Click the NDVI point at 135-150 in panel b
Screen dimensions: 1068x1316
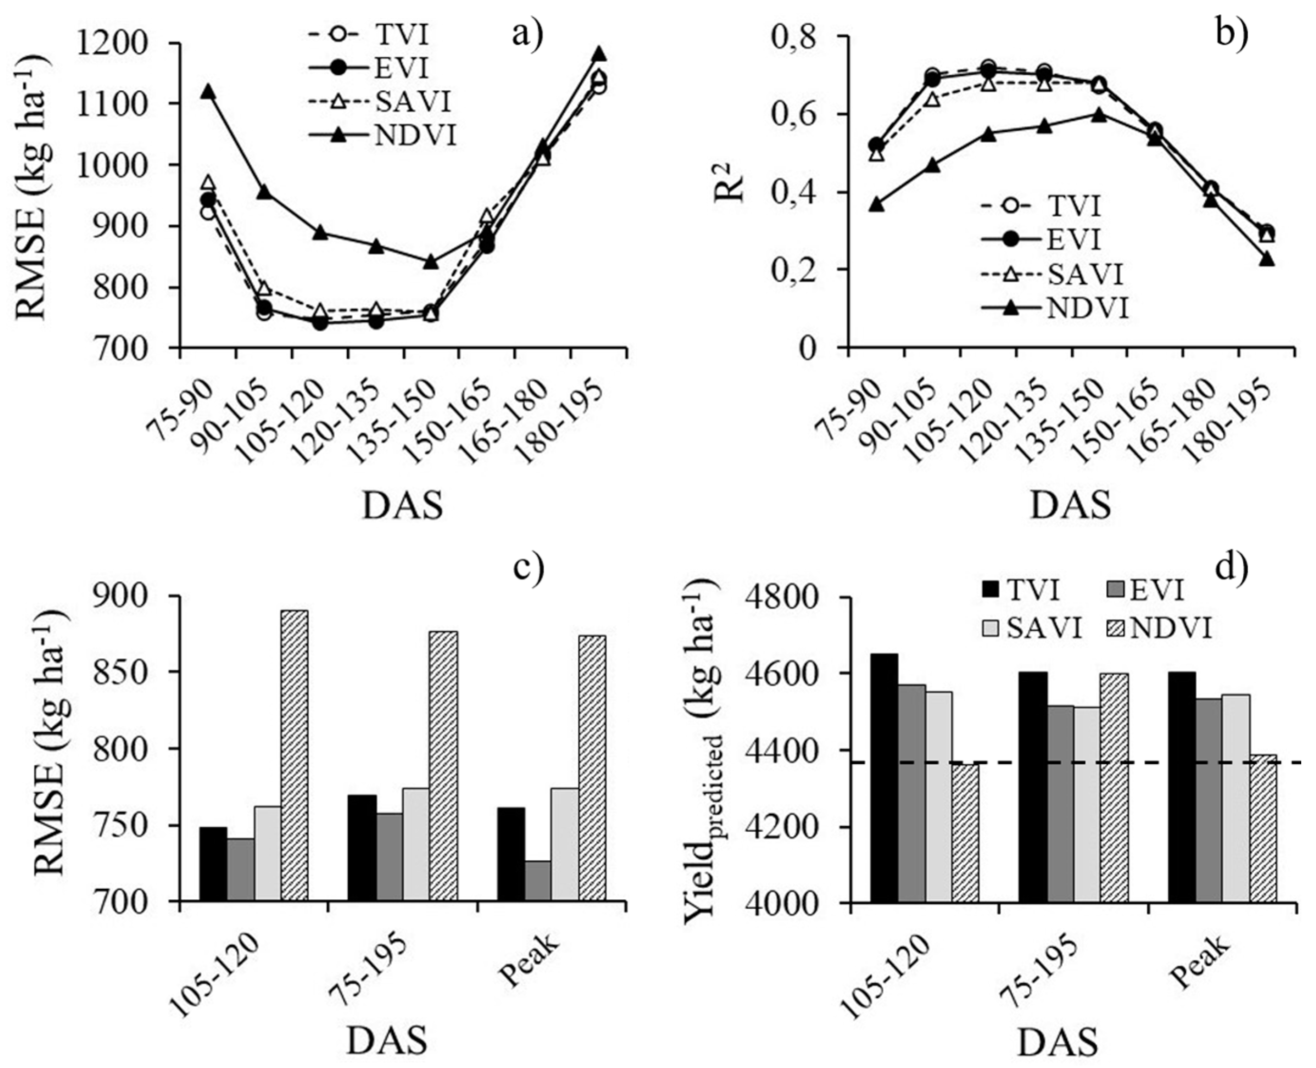[1099, 115]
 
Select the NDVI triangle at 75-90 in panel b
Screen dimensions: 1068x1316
[877, 205]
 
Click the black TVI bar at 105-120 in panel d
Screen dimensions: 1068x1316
[884, 778]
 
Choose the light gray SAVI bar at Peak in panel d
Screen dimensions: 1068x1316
[1236, 798]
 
